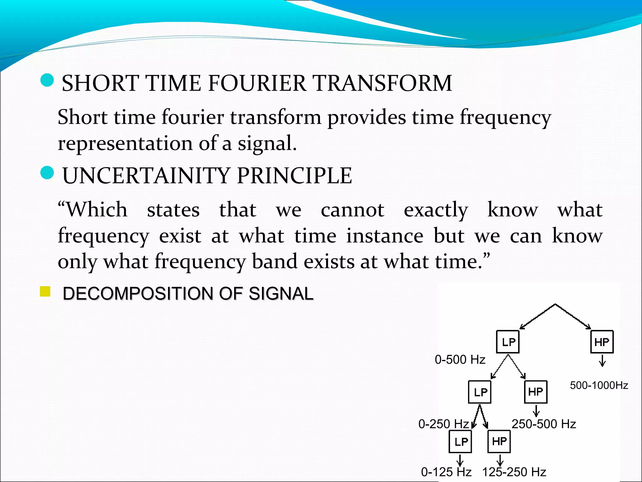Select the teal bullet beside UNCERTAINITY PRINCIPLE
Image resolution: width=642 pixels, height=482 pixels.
(x=47, y=173)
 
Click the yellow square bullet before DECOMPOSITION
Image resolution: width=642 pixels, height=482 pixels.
(x=45, y=292)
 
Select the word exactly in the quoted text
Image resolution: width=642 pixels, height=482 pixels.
(x=436, y=210)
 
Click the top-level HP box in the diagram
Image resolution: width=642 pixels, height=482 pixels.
(x=602, y=342)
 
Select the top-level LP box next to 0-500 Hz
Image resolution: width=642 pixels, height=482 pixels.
(x=508, y=342)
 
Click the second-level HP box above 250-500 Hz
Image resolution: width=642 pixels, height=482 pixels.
(x=535, y=392)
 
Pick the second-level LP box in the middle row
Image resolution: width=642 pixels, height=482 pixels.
(x=480, y=392)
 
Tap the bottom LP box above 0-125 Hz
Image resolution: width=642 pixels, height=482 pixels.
(x=460, y=442)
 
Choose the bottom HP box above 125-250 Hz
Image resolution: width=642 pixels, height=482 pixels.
(x=499, y=441)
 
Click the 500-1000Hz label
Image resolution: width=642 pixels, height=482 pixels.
(x=599, y=385)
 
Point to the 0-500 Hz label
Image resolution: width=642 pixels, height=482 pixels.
(x=460, y=360)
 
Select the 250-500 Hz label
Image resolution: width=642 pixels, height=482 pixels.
(x=544, y=424)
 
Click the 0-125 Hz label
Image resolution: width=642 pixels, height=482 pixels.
(x=446, y=472)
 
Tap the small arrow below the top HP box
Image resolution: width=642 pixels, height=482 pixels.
(x=602, y=361)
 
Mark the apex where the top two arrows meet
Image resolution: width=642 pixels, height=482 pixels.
(x=555, y=304)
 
